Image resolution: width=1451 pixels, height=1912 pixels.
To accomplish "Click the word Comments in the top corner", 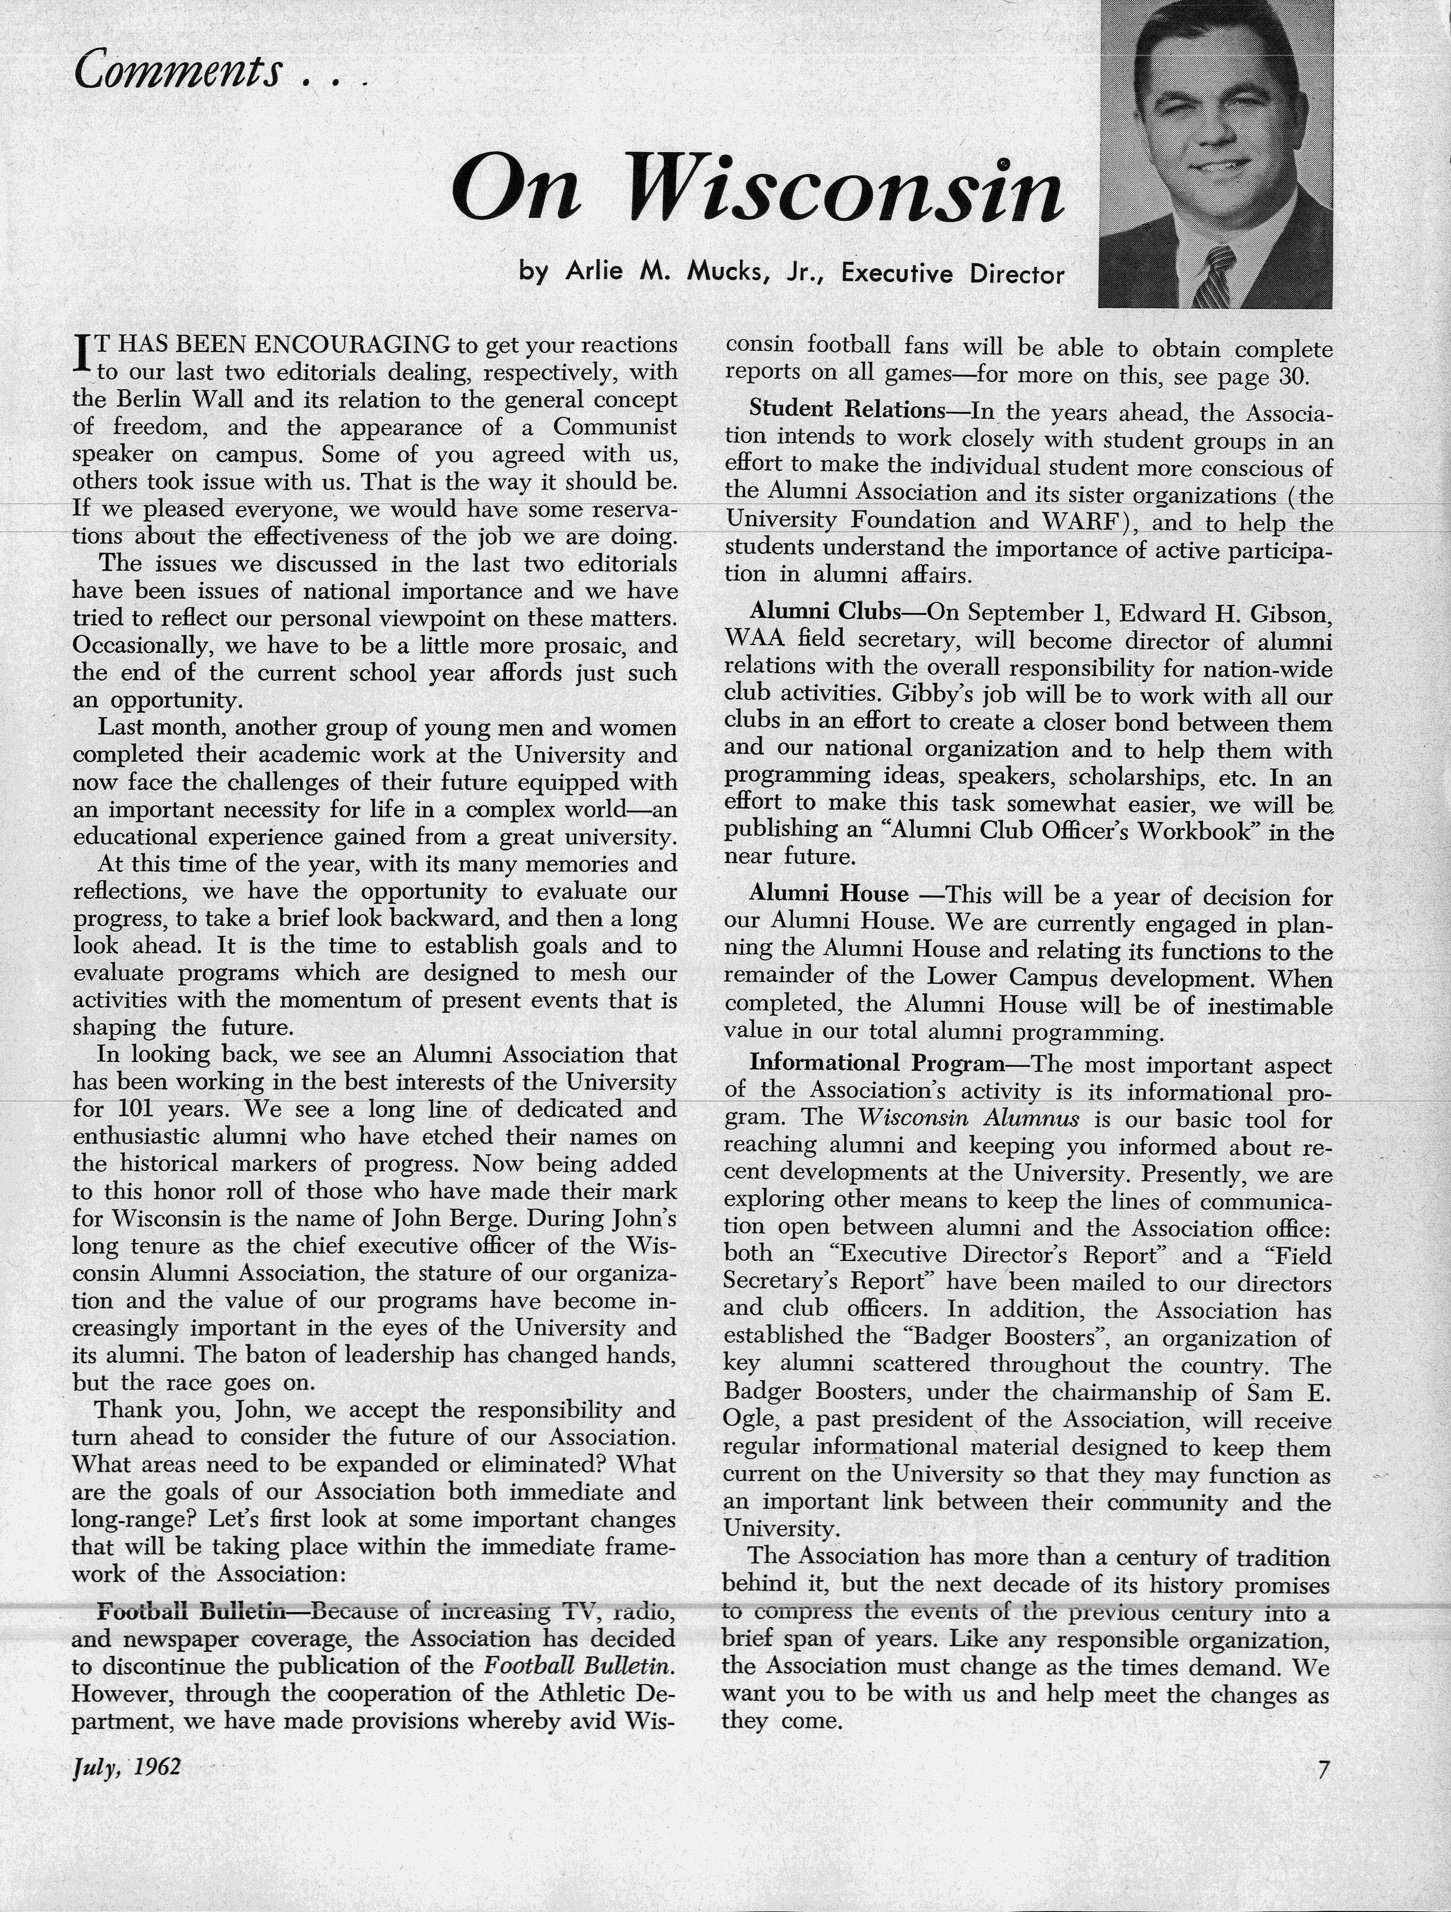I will [x=177, y=71].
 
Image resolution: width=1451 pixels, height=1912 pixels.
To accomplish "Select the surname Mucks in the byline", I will [x=729, y=273].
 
